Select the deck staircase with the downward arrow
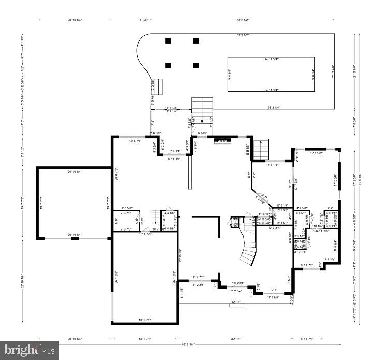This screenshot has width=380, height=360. pyautogui.click(x=202, y=110)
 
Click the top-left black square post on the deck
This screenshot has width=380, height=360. pyautogui.click(x=168, y=40)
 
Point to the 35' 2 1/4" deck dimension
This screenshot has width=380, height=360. pyautogui.click(x=274, y=107)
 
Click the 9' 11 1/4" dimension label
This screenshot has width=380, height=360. pyautogui.click(x=178, y=159)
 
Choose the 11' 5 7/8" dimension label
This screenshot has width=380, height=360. pyautogui.click(x=272, y=297)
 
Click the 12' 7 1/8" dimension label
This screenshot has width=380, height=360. pyautogui.click(x=316, y=153)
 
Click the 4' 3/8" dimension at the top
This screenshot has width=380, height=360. pyautogui.click(x=143, y=20)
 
